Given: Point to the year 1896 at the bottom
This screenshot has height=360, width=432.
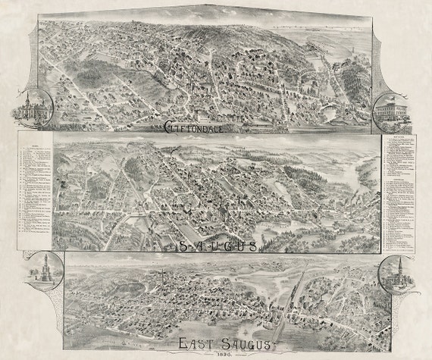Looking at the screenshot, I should coord(215,353).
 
